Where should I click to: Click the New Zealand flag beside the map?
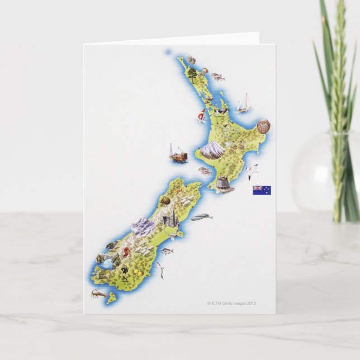coord(262,190)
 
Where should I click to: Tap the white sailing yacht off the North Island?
coord(244,103)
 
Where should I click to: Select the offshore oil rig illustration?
coord(177,154)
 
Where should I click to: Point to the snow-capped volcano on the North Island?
coord(212,149)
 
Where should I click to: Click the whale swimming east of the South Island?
coord(202,217)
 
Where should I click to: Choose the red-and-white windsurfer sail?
coord(201,116)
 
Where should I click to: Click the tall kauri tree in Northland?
coord(192,74)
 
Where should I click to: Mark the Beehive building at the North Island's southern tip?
coord(224,185)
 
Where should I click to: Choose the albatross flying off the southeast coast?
coord(160,270)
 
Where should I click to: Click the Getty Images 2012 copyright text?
coord(231,304)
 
